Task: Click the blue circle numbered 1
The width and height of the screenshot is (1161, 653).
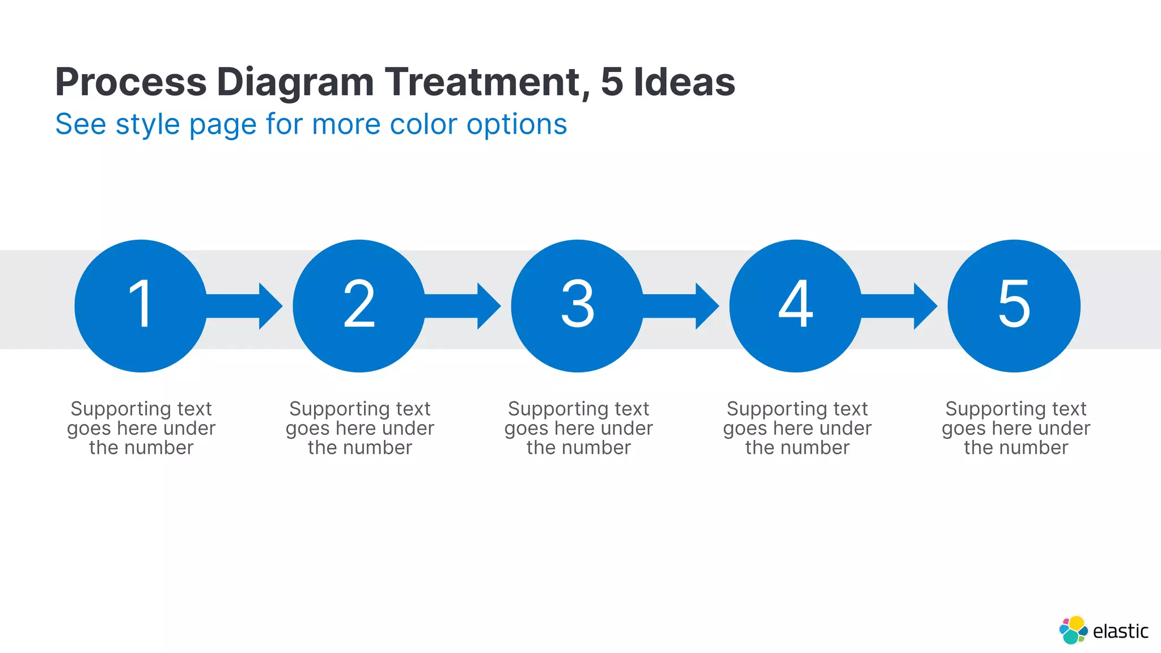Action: (x=141, y=306)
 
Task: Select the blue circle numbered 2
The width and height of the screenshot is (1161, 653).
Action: (x=359, y=306)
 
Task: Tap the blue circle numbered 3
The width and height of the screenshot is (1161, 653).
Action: (x=577, y=306)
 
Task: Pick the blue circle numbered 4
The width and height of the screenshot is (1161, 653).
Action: (x=795, y=306)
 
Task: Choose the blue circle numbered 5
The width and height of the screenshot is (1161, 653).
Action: (x=1014, y=306)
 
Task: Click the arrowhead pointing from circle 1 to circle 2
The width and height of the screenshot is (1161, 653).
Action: (x=270, y=306)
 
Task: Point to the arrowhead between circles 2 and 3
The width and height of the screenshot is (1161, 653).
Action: (x=488, y=306)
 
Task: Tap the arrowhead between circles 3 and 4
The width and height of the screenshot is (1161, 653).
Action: (x=706, y=306)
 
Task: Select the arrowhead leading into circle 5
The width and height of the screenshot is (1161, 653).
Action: (x=925, y=306)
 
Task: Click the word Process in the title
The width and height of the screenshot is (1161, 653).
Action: (x=131, y=82)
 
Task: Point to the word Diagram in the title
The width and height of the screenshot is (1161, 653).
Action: (x=295, y=82)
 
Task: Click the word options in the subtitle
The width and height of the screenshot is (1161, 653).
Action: (x=516, y=125)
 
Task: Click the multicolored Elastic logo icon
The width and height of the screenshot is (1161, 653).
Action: (x=1073, y=630)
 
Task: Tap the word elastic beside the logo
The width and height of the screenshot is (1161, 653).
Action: (x=1120, y=631)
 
